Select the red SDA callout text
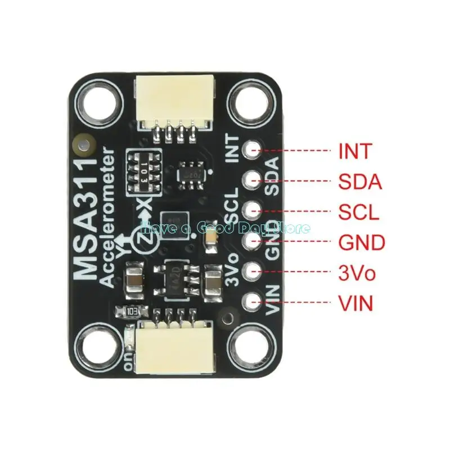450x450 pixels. [x=360, y=182]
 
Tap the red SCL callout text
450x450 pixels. [x=359, y=212]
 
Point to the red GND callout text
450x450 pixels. [x=362, y=243]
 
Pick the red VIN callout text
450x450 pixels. [x=355, y=304]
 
